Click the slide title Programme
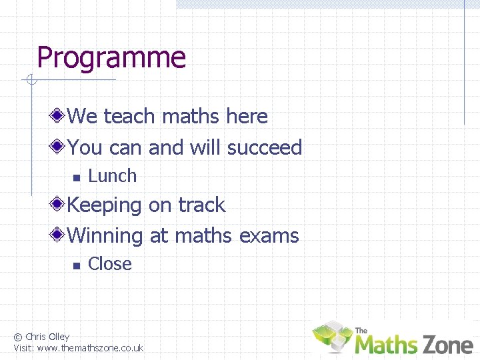pyautogui.click(x=111, y=59)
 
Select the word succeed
pyautogui.click(x=265, y=147)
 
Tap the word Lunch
pyautogui.click(x=112, y=176)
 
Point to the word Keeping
pyautogui.click(x=105, y=205)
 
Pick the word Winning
pyautogui.click(x=105, y=235)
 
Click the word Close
pyautogui.click(x=110, y=264)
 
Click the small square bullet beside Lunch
pyautogui.click(x=76, y=177)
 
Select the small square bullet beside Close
pyautogui.click(x=76, y=265)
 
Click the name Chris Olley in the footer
pyautogui.click(x=47, y=337)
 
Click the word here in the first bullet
pyautogui.click(x=247, y=117)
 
